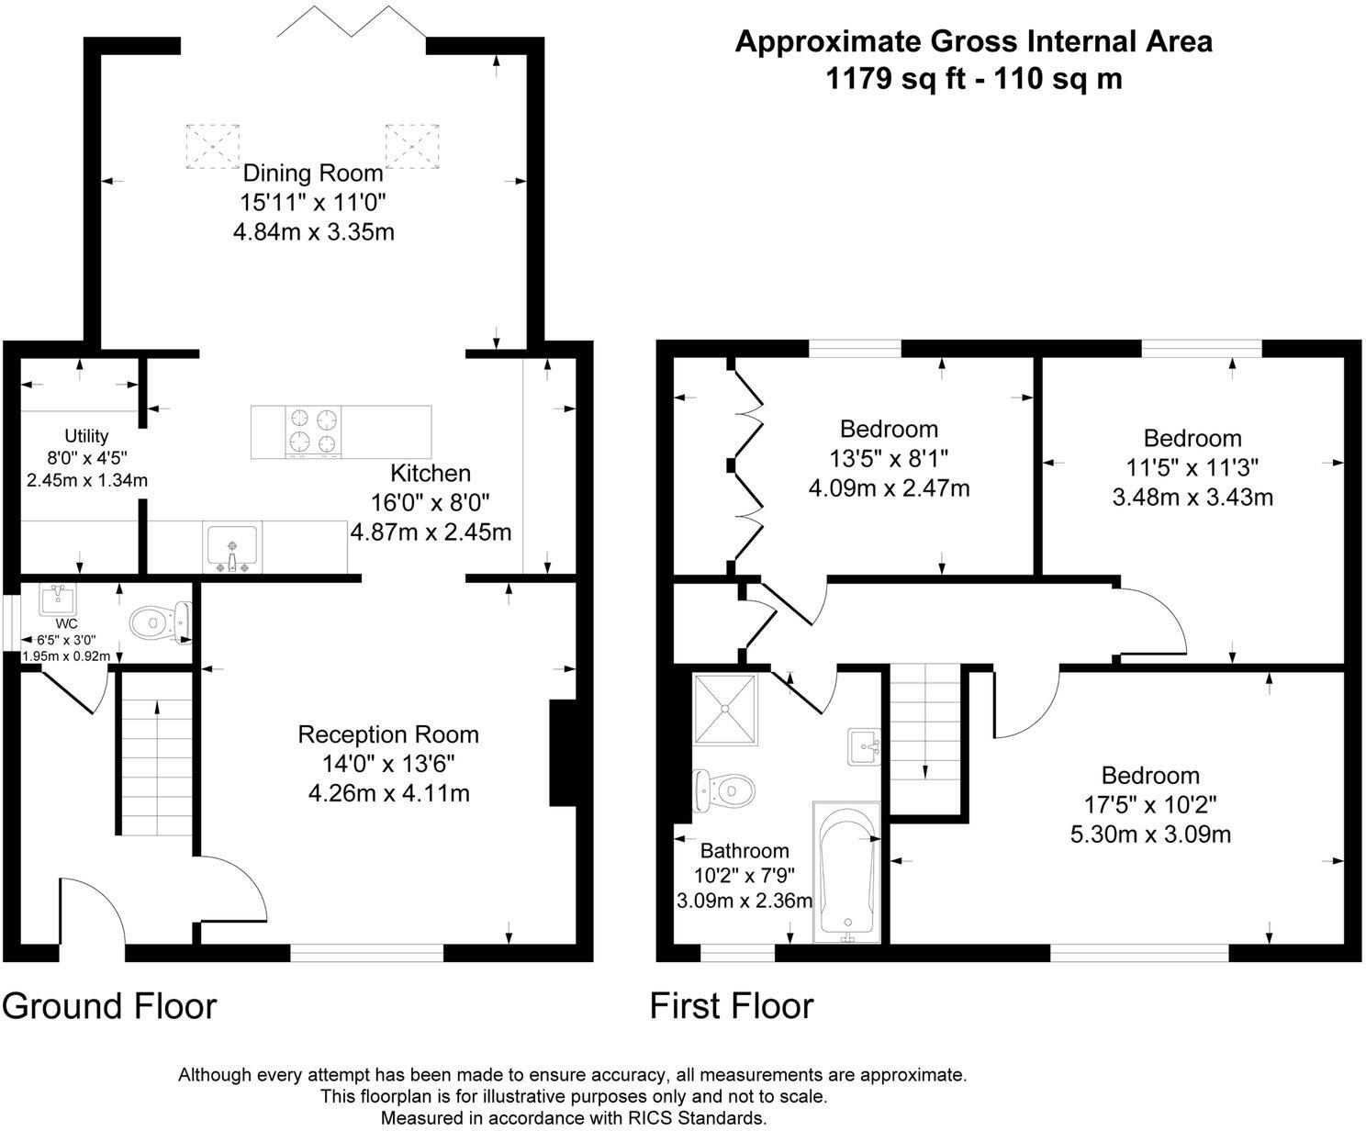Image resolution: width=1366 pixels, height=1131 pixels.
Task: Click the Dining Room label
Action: (x=313, y=174)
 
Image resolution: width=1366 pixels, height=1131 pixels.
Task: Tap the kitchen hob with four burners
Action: (x=313, y=431)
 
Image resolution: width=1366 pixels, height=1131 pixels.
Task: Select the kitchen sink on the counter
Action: (x=232, y=547)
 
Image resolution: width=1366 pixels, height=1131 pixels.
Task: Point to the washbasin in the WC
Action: (x=57, y=599)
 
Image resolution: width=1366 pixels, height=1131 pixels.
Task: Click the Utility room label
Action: (x=86, y=436)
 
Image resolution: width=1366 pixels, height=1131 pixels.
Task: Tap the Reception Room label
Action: (x=388, y=733)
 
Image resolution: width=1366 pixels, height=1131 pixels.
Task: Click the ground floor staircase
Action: (x=157, y=752)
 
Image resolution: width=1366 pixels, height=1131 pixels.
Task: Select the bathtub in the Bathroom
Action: (x=846, y=871)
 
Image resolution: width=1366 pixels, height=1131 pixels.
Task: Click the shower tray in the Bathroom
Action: (x=725, y=710)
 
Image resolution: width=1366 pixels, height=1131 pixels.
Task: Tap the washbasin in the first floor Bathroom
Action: (x=864, y=746)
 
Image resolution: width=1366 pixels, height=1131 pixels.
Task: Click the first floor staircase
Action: (x=925, y=740)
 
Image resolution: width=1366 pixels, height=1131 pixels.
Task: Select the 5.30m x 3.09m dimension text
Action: (x=1150, y=834)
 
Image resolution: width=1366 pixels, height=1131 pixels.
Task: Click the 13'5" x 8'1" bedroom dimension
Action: (x=889, y=459)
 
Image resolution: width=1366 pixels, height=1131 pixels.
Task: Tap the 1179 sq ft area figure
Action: (x=895, y=79)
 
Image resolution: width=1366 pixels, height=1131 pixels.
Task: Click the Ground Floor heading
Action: (x=109, y=1006)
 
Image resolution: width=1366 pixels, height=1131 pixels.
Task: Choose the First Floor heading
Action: (x=732, y=1006)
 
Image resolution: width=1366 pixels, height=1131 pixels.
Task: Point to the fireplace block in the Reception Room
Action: (x=562, y=753)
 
